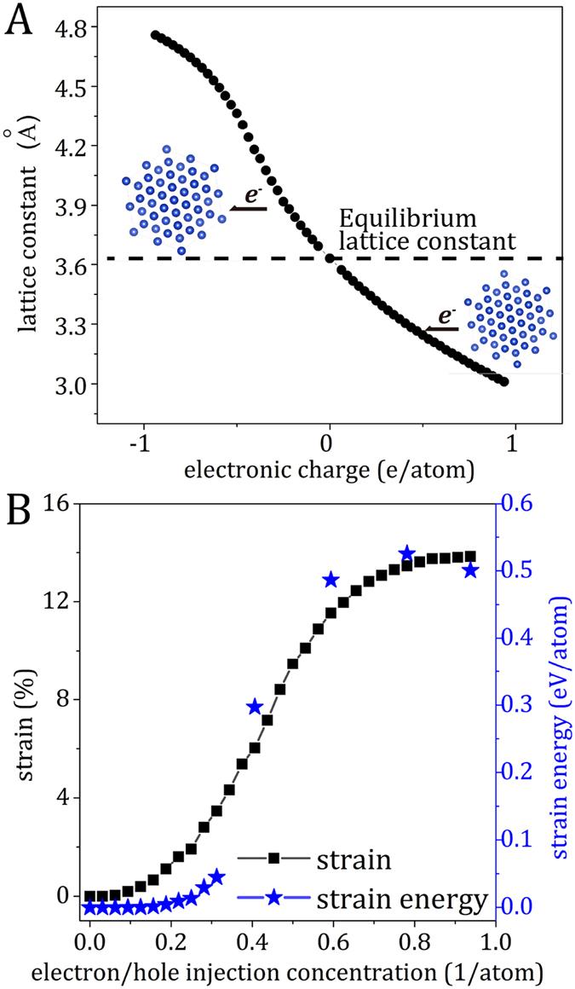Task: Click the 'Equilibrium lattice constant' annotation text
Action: [x=426, y=228]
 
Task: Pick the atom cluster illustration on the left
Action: [x=173, y=200]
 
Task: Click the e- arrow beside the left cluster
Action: [x=250, y=202]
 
